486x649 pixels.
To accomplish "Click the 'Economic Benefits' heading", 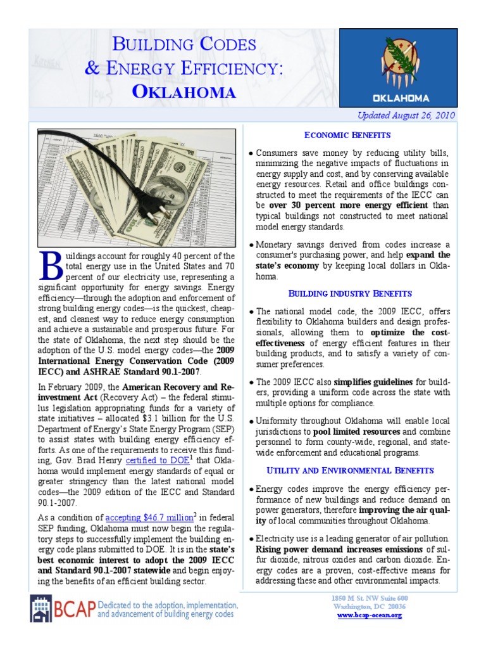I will click(347, 135).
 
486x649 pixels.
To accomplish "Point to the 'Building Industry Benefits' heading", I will click(350, 293).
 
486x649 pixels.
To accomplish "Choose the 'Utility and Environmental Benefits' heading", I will click(350, 470).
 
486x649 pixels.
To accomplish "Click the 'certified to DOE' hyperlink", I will click(158, 460).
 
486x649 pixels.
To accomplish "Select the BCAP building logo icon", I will click(41, 608).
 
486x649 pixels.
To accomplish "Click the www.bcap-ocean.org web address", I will click(370, 615).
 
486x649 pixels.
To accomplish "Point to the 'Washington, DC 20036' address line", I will click(370, 607).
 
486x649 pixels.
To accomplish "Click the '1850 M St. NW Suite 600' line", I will click(370, 598).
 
